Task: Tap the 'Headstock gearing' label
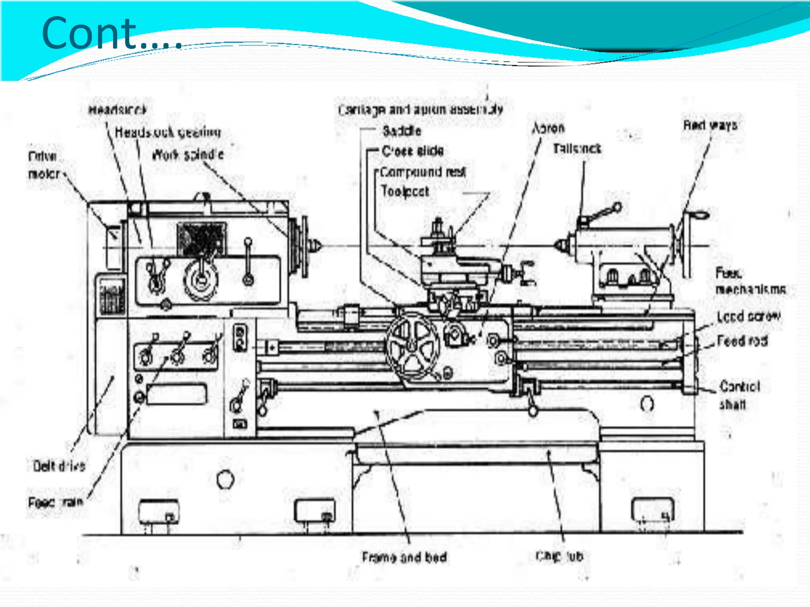coord(168,132)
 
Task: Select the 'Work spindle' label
coord(188,155)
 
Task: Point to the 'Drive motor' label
coord(44,165)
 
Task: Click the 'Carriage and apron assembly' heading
coord(420,109)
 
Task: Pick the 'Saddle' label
coord(401,131)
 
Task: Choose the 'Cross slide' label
coord(413,151)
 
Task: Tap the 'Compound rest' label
coord(423,172)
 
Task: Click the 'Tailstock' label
coord(577,149)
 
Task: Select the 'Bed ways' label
coord(710,125)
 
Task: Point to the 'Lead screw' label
coord(749,317)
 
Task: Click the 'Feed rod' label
coord(742,341)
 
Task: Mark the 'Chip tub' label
coord(559,556)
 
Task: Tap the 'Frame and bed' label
coord(404,557)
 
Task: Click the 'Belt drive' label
coord(59,466)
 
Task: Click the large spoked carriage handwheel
coord(413,347)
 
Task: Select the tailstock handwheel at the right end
coord(686,245)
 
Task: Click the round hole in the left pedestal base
coord(225,479)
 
